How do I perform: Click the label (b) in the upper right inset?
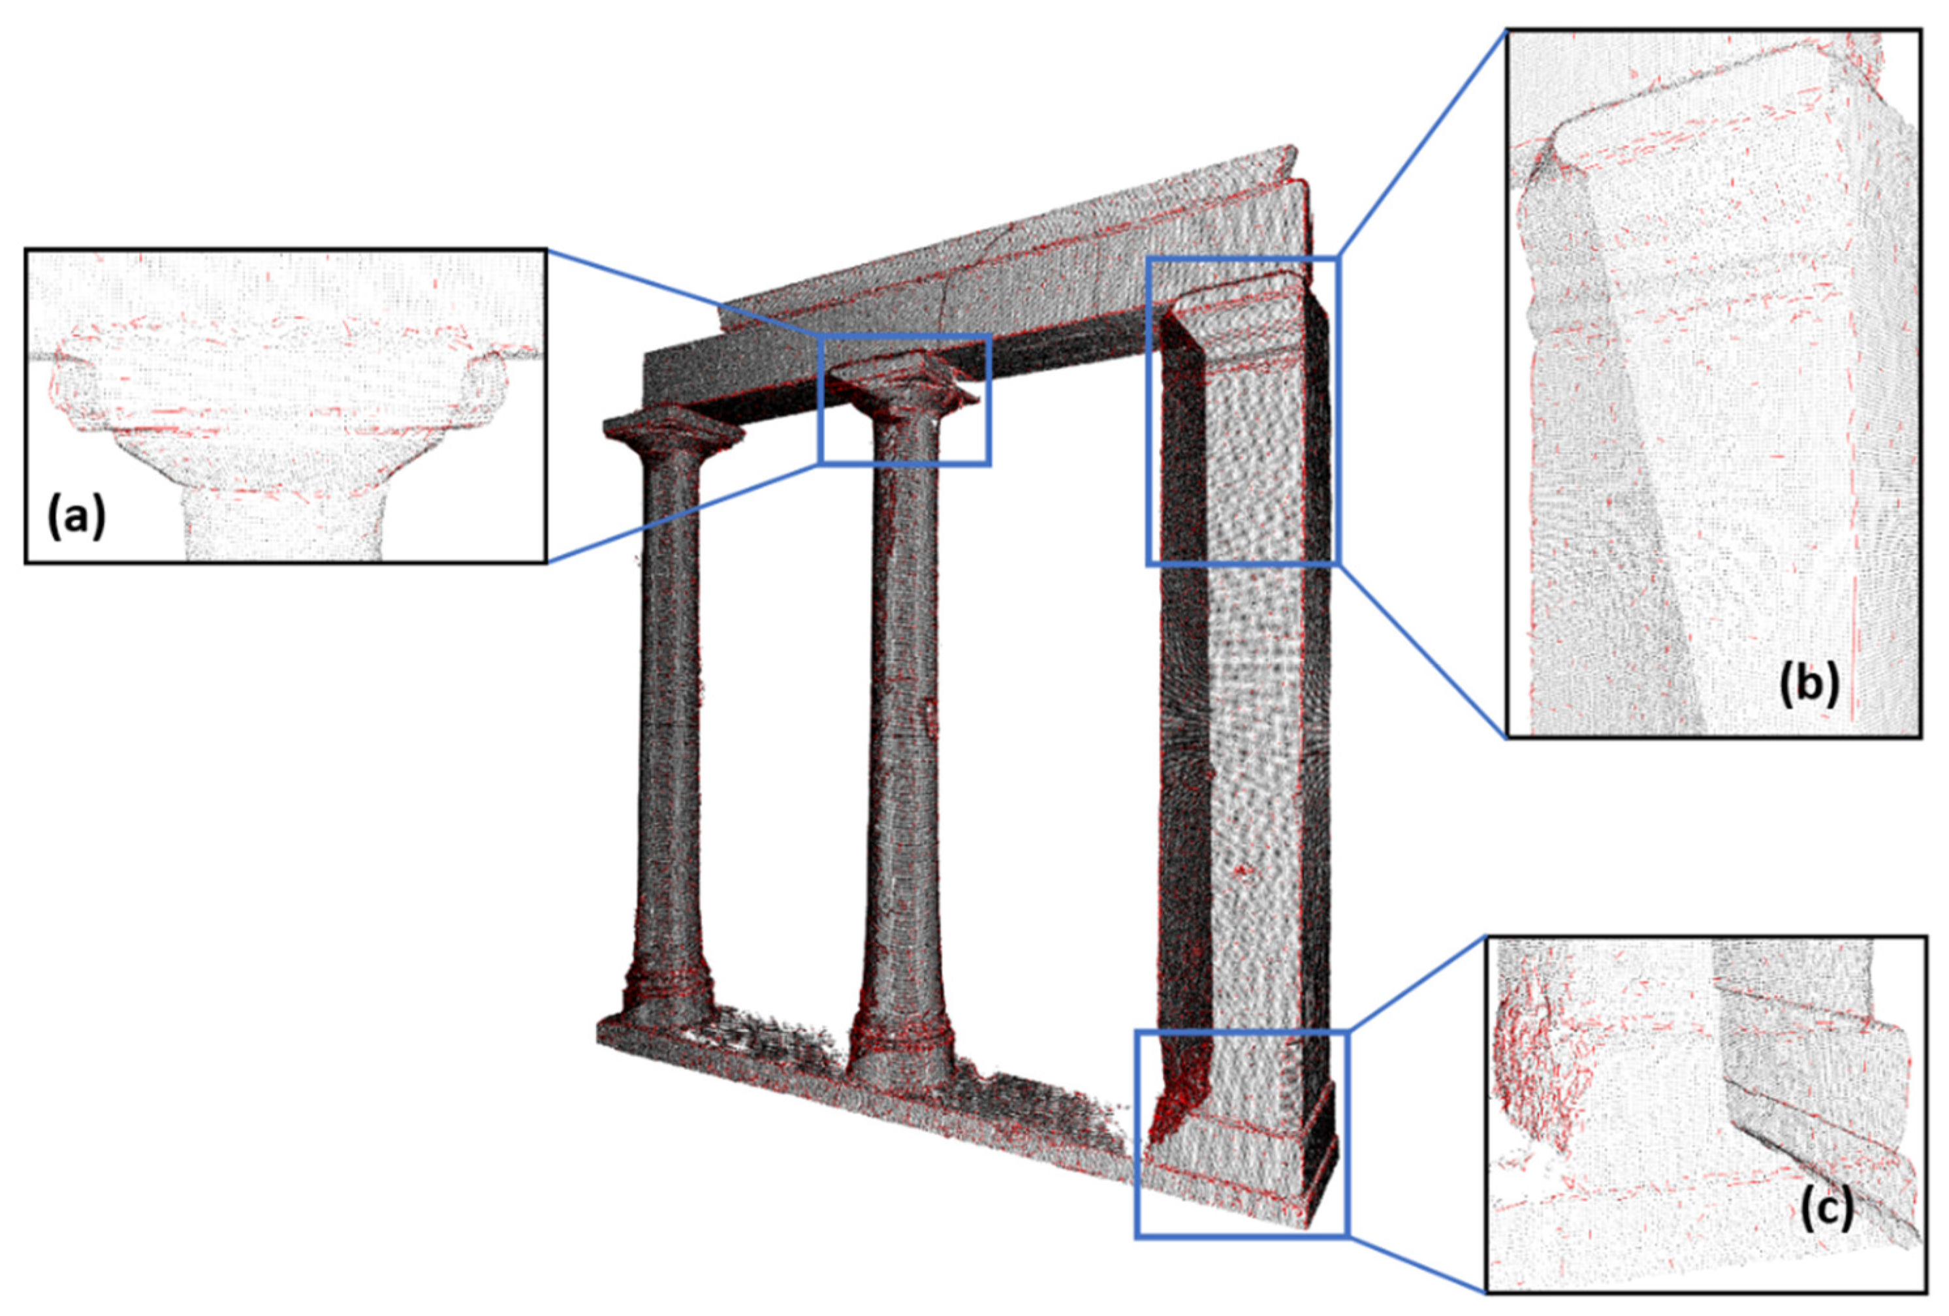click(x=1809, y=684)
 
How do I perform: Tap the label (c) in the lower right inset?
click(x=1826, y=1208)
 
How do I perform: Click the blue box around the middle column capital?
click(x=905, y=336)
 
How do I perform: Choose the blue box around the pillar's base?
click(x=1241, y=1033)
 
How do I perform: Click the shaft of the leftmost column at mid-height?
click(x=669, y=712)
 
